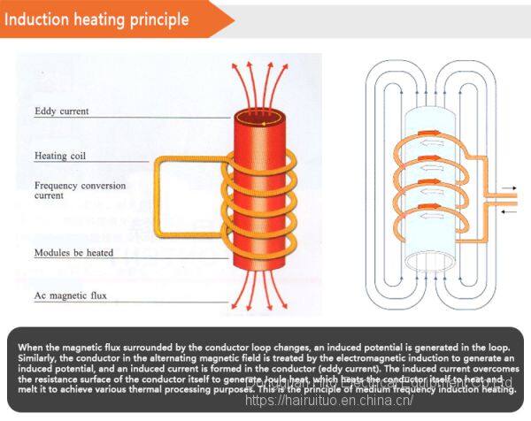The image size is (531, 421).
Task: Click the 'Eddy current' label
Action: [61, 111]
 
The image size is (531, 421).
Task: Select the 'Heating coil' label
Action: [59, 156]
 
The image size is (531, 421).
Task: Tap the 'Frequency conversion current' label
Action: [80, 191]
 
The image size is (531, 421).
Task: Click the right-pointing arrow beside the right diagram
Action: [510, 188]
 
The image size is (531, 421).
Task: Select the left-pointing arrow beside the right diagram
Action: [510, 210]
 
